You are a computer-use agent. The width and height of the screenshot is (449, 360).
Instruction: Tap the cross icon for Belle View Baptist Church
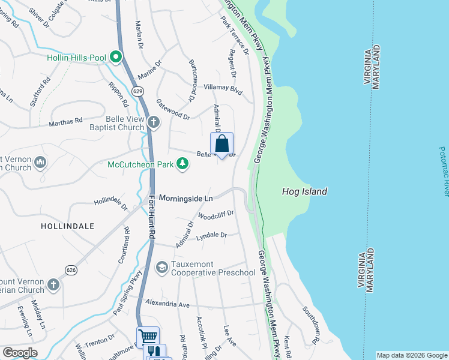tap(154, 123)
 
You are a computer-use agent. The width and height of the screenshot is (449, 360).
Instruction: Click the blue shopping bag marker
tap(221, 144)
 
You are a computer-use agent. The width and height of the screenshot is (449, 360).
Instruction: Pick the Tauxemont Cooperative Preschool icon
tap(161, 267)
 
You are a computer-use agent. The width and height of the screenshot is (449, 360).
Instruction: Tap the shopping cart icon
tap(148, 337)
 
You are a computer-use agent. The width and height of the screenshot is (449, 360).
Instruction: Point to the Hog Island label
tap(305, 192)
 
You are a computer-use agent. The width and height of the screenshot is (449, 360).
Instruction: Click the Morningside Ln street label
tap(186, 198)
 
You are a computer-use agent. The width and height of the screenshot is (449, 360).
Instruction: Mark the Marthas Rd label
tap(66, 122)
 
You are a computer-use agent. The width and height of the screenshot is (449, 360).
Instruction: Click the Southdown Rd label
tap(313, 321)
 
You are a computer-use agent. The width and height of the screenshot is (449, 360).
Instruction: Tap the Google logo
tap(19, 353)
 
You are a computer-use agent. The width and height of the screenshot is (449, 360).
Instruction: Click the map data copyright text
tap(412, 355)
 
